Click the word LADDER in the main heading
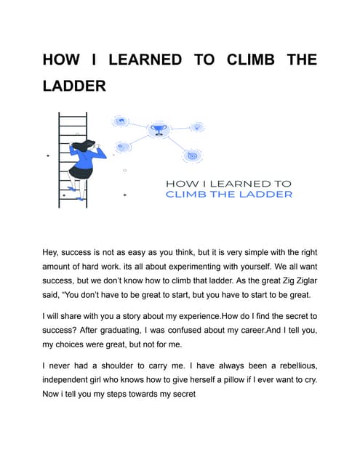(x=74, y=86)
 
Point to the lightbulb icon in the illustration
(x=196, y=127)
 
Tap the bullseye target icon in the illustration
(x=191, y=155)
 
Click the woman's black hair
(x=81, y=145)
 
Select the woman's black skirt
(x=79, y=173)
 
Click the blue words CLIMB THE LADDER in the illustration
(x=228, y=194)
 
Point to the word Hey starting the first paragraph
(x=54, y=252)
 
